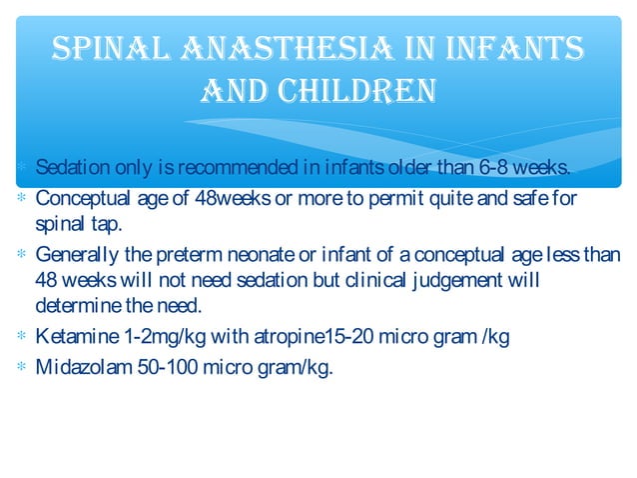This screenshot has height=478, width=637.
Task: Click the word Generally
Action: click(x=75, y=255)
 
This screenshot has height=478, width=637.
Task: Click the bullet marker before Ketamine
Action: click(x=22, y=336)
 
